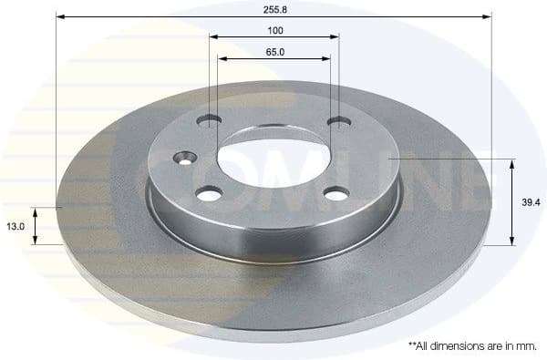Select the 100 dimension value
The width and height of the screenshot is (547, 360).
click(x=274, y=30)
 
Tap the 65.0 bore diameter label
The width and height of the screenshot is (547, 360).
click(x=274, y=52)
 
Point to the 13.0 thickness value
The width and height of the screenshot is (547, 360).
click(x=15, y=225)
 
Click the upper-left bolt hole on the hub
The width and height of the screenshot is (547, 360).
click(x=212, y=119)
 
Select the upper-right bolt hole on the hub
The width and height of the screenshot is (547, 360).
click(x=338, y=120)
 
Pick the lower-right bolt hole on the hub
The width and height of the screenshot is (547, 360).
click(x=336, y=193)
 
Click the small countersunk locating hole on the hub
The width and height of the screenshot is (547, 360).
click(x=187, y=156)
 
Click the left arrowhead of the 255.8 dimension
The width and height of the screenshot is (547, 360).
click(x=60, y=15)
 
